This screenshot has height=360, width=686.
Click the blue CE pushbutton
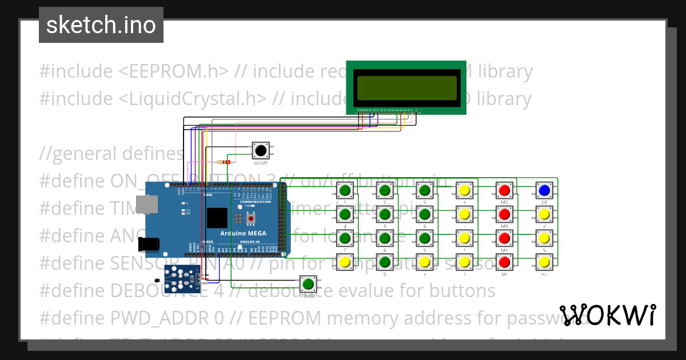tap(544, 190)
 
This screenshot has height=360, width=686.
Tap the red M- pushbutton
tap(504, 262)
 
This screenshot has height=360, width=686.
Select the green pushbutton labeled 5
tap(385, 214)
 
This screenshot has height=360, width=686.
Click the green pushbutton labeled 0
tap(385, 262)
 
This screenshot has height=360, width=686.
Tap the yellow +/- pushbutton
tap(544, 262)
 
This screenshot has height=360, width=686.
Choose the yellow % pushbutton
tap(544, 238)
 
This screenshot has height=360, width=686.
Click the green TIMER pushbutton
tap(309, 283)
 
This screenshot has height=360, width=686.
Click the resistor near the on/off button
tap(226, 162)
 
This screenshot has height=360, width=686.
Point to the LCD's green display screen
tap(406, 87)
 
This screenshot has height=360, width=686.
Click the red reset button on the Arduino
tap(251, 218)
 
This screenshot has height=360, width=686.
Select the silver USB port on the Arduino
tap(147, 206)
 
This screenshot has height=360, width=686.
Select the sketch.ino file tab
tap(101, 25)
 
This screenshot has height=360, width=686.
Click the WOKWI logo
tap(607, 315)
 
